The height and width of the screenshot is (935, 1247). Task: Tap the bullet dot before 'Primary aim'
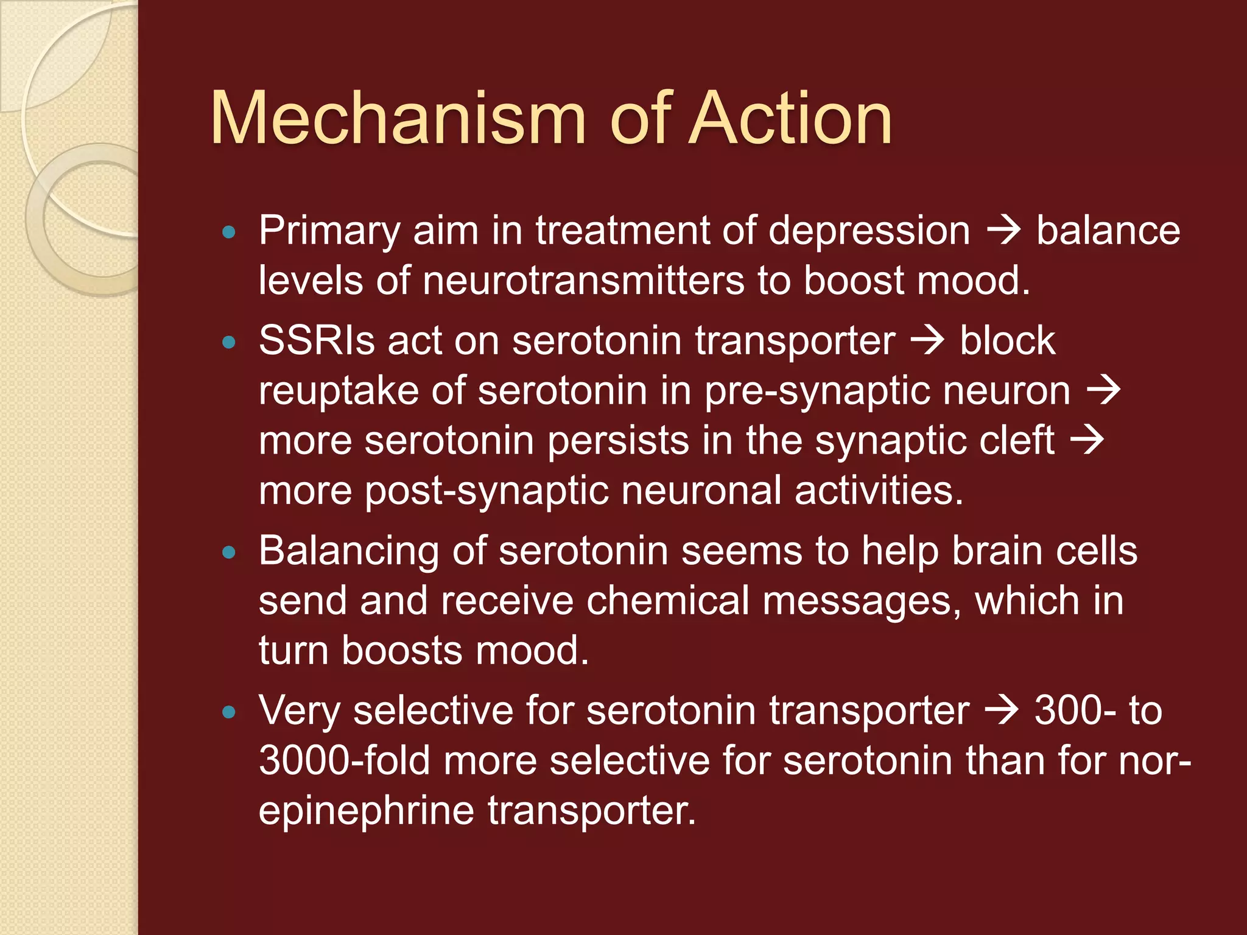(229, 232)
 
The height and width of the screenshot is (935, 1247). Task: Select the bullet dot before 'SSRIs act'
(229, 342)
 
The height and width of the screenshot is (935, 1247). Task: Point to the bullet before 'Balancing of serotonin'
(229, 553)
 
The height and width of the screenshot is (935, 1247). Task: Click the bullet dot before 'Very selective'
(229, 712)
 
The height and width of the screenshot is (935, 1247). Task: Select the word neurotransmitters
(583, 281)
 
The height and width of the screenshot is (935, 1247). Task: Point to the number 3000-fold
(344, 761)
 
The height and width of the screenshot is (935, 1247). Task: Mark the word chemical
(667, 601)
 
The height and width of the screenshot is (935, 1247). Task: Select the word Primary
(329, 232)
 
